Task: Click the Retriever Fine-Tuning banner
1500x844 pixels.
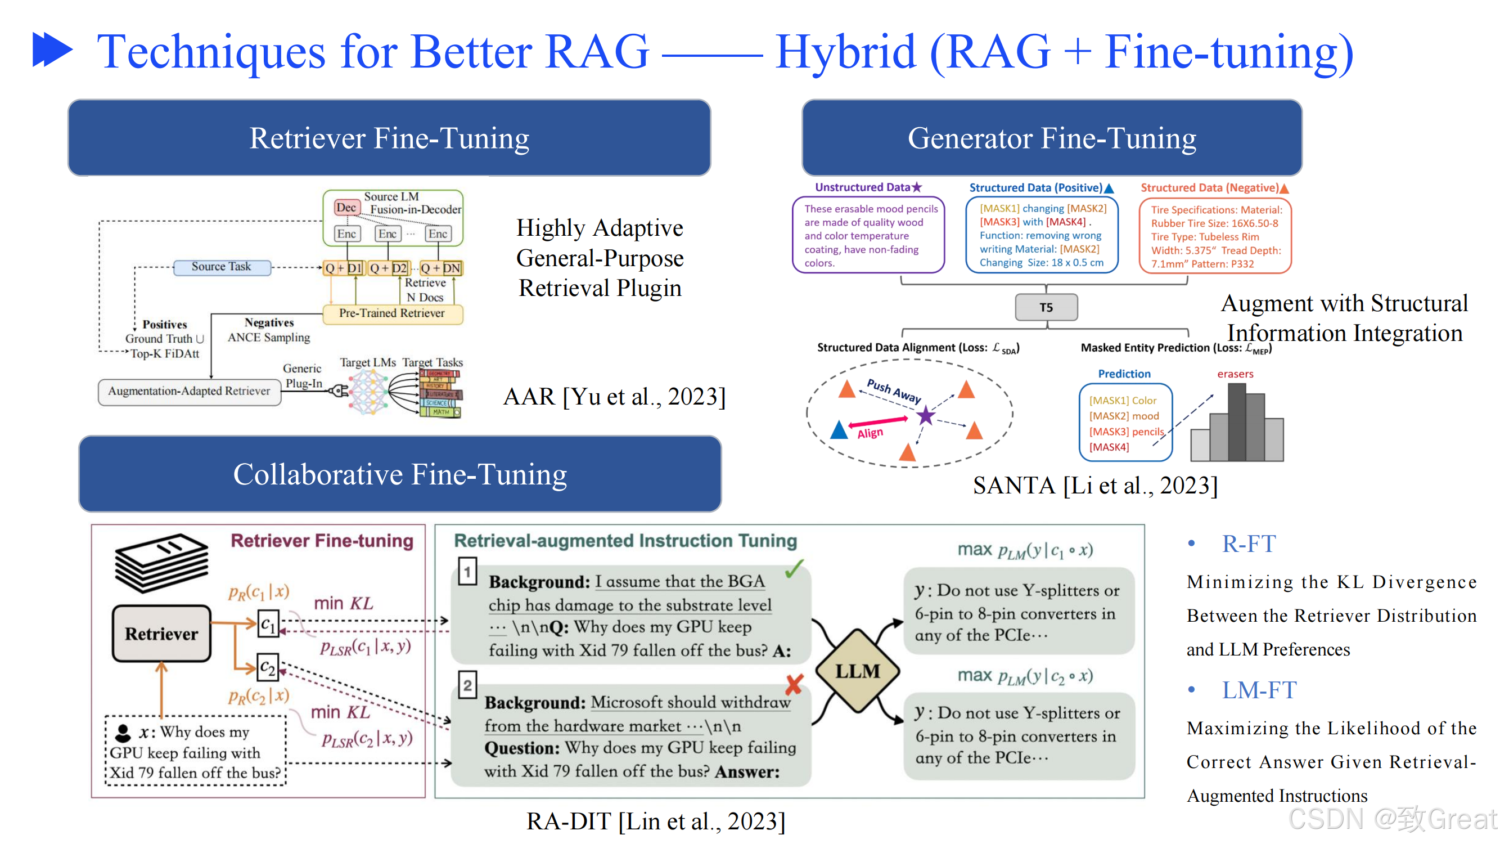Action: (x=389, y=138)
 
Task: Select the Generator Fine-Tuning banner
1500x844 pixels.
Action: (x=1052, y=138)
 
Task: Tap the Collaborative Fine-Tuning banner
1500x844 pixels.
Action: (x=400, y=474)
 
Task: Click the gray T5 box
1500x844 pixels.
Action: (x=1046, y=308)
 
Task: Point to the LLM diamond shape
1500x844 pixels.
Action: (x=858, y=671)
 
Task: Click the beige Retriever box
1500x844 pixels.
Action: (x=161, y=634)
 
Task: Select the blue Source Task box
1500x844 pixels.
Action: (x=221, y=267)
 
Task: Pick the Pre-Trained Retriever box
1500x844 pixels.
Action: (x=392, y=313)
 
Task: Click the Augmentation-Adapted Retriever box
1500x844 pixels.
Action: (x=189, y=392)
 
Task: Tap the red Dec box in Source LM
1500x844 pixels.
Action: (x=346, y=208)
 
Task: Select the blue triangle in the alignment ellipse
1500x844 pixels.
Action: (x=839, y=430)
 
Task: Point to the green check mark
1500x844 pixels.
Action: (x=794, y=568)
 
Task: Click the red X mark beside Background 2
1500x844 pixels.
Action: (x=794, y=684)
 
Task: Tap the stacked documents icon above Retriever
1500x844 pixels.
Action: (x=161, y=563)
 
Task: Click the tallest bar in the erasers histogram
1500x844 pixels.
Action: (x=1237, y=423)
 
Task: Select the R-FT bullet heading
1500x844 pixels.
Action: (x=1249, y=544)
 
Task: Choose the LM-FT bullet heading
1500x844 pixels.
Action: (x=1259, y=690)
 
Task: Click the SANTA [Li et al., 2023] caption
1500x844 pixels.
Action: (x=1094, y=485)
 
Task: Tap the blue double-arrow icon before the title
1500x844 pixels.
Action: (x=52, y=50)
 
